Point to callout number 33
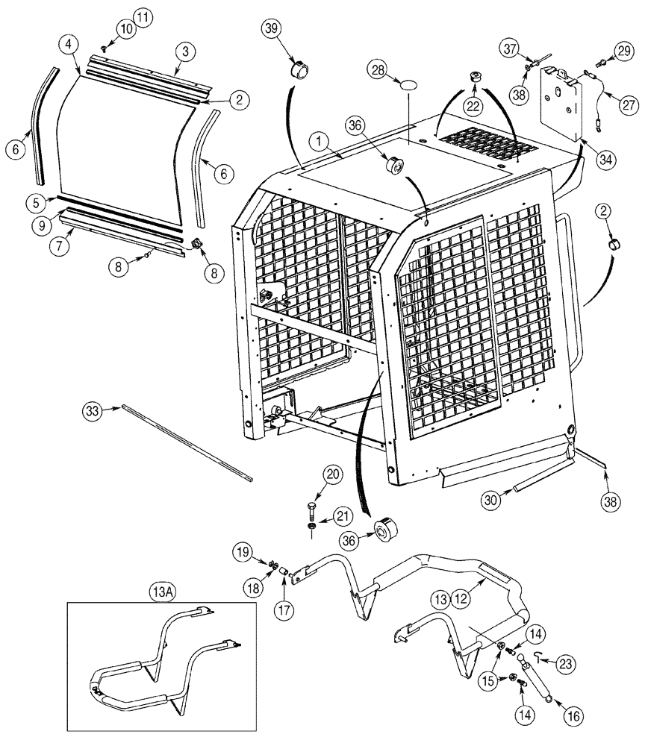click(92, 410)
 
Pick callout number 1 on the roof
click(320, 140)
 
